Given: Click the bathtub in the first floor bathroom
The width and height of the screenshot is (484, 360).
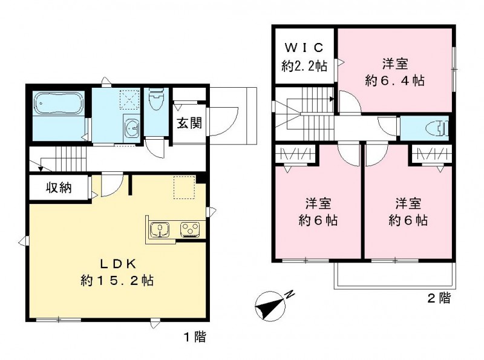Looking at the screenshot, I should tap(59, 104).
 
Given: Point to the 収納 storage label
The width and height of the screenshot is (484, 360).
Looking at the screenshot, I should tap(59, 188).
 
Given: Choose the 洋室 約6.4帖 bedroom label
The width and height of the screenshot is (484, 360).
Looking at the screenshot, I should tap(394, 71).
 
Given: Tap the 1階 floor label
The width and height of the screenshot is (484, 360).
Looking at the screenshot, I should tap(194, 336).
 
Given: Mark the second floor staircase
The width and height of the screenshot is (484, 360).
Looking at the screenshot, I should tap(302, 115).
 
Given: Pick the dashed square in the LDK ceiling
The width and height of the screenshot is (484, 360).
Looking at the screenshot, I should tap(184, 187).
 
